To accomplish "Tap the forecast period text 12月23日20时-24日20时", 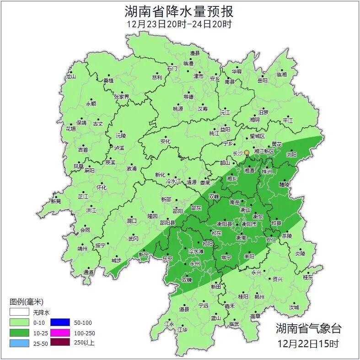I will pyautogui.click(x=180, y=24).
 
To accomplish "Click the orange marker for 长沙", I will pyautogui.click(x=247, y=152).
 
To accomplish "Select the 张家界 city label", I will pyautogui.click(x=122, y=97).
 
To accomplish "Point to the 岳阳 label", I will pyautogui.click(x=262, y=80).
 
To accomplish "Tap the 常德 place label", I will pyautogui.click(x=188, y=97).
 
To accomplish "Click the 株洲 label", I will pyautogui.click(x=267, y=172).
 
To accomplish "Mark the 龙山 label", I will pyautogui.click(x=70, y=77).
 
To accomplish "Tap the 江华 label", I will pyautogui.click(x=183, y=329).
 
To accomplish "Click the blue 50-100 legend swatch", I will pyautogui.click(x=59, y=322).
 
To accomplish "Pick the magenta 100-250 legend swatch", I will pyautogui.click(x=59, y=333).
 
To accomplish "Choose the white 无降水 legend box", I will pyautogui.click(x=19, y=312).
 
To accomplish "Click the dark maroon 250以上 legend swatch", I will pyautogui.click(x=59, y=343).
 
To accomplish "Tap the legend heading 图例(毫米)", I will pyautogui.click(x=26, y=302).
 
